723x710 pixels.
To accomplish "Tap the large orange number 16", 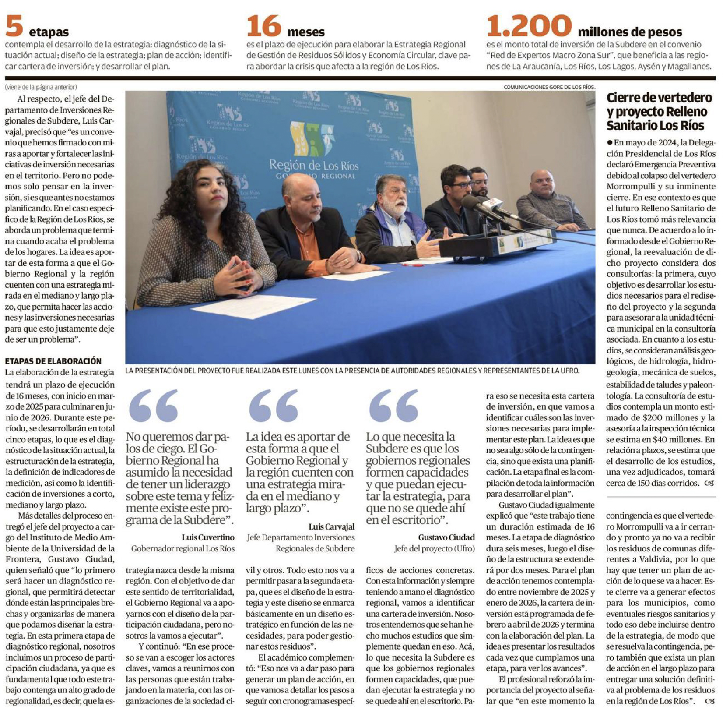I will [x=264, y=26].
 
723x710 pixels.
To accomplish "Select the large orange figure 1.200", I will [x=529, y=26].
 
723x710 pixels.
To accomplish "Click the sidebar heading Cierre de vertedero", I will [x=659, y=98].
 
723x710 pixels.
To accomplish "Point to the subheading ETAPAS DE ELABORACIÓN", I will [x=53, y=361].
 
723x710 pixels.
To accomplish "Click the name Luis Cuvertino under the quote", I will [x=208, y=537].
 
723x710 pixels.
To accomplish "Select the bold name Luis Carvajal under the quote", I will [x=332, y=526].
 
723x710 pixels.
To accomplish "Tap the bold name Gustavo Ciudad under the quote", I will [x=446, y=537].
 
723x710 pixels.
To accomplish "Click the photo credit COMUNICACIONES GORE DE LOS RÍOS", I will [x=549, y=87].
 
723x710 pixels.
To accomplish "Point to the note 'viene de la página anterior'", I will [x=41, y=87].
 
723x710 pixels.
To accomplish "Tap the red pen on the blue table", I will [x=411, y=265].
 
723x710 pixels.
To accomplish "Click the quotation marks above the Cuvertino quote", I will [x=154, y=406].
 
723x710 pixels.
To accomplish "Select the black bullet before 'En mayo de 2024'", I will [x=610, y=143].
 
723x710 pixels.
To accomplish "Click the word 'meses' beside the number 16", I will [x=306, y=32].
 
